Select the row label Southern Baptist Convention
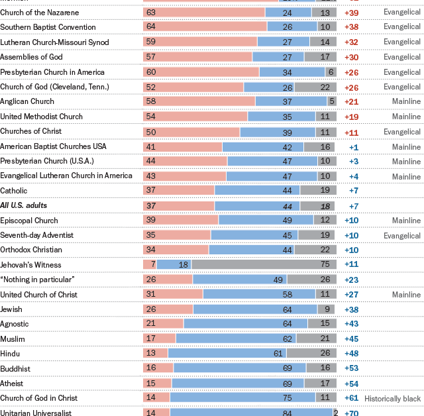pyautogui.click(x=48, y=27)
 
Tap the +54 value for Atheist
pyautogui.click(x=352, y=384)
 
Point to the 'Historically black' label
pyautogui.click(x=392, y=399)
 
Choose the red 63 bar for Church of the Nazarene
pyautogui.click(x=204, y=13)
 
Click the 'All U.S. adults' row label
pyautogui.click(x=24, y=205)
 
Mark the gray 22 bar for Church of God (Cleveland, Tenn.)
pyautogui.click(x=316, y=87)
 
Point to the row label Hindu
pyautogui.click(x=11, y=354)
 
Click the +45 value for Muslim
pyautogui.click(x=352, y=339)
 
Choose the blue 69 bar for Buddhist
pyautogui.click(x=240, y=368)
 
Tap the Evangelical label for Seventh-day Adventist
pyautogui.click(x=401, y=236)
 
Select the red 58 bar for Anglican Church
pyautogui.click(x=199, y=101)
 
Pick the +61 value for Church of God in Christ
pyautogui.click(x=352, y=399)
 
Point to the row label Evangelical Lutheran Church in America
pyautogui.click(x=66, y=176)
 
